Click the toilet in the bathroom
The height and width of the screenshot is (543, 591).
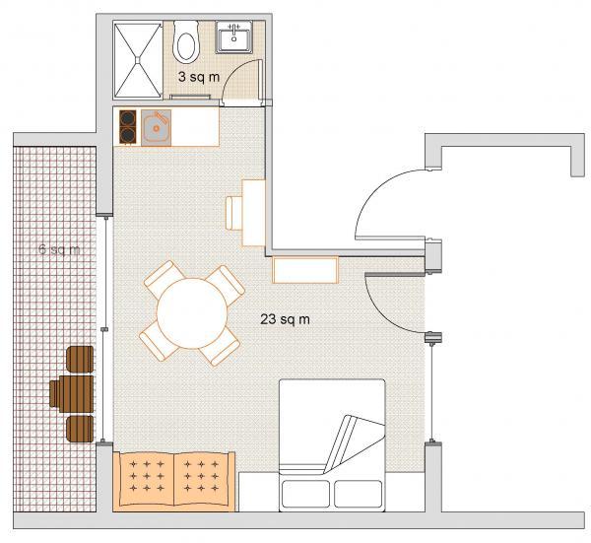point(185,41)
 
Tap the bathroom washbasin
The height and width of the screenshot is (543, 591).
point(234,36)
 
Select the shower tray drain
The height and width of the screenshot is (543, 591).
point(138,59)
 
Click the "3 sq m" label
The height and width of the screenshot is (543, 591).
point(199,77)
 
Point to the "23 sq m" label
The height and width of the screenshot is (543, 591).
point(285,319)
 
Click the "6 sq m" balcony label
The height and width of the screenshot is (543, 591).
point(59,249)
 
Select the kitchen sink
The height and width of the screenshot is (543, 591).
point(156,128)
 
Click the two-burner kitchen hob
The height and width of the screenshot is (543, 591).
point(128,127)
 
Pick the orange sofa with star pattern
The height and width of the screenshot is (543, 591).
point(174,482)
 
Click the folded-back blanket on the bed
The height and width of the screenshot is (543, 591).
point(355,443)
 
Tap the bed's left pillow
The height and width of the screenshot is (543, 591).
point(305,494)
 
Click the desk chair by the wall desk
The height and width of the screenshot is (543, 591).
point(234,213)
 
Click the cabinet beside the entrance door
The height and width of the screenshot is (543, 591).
point(305,270)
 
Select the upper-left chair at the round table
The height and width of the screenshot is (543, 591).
point(164,279)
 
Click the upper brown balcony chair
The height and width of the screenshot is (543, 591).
point(80,359)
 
